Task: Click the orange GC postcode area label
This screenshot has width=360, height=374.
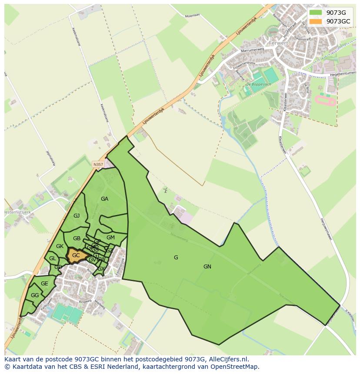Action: [x=76, y=255]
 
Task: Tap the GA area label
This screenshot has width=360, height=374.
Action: [x=104, y=199]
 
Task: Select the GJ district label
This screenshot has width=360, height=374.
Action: [x=77, y=216]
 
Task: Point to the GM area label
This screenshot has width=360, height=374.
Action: [x=110, y=238]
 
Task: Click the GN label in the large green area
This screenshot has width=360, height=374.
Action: [x=207, y=267]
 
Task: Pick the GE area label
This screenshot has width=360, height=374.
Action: [x=44, y=284]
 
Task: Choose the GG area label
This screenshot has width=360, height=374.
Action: [x=35, y=295]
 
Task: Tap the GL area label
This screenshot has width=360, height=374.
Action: [x=53, y=258]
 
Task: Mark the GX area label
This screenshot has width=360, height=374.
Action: [x=101, y=269]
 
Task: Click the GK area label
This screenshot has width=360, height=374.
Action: [x=60, y=246]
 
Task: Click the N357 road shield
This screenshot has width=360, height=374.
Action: [x=98, y=164]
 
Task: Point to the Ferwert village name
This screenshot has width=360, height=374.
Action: [x=279, y=43]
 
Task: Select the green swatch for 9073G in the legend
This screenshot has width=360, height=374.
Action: [x=316, y=13]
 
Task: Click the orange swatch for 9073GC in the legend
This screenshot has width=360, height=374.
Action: [x=316, y=21]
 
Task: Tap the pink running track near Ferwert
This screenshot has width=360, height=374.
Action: [x=325, y=101]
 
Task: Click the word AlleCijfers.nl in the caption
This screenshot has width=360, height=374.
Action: [x=228, y=359]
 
